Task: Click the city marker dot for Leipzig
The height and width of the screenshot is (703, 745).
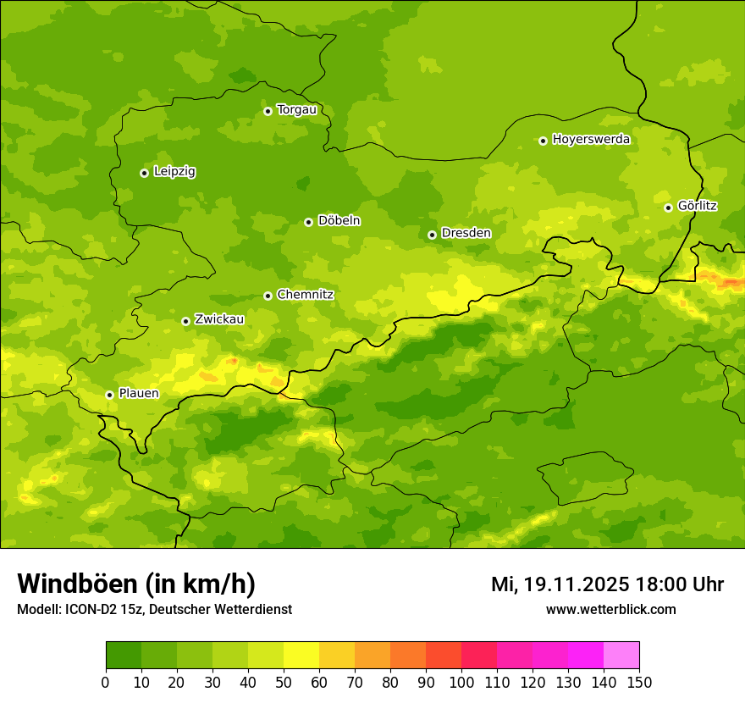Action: click(144, 173)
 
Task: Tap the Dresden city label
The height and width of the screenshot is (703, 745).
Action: click(466, 233)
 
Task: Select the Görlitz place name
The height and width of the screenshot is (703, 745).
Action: click(698, 206)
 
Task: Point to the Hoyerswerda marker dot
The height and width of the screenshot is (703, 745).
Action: click(543, 141)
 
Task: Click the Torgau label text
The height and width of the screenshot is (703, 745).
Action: click(296, 109)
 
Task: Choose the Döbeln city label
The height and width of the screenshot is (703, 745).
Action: click(339, 221)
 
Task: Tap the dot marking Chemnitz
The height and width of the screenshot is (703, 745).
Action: click(268, 296)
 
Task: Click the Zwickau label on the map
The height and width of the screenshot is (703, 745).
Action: click(219, 319)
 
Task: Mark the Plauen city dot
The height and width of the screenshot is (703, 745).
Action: click(109, 395)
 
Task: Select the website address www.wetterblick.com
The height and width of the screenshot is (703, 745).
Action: click(610, 610)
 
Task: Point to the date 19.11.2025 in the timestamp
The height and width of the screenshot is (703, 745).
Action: click(576, 584)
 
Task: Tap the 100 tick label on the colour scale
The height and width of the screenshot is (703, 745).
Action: click(461, 683)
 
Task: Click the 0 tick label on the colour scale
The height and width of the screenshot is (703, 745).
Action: click(106, 683)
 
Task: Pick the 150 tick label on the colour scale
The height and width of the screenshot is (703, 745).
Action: click(639, 683)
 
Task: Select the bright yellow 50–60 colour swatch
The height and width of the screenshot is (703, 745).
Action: click(301, 656)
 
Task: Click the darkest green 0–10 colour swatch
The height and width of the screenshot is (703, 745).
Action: click(124, 656)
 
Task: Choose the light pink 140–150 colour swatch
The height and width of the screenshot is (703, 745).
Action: click(621, 656)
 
